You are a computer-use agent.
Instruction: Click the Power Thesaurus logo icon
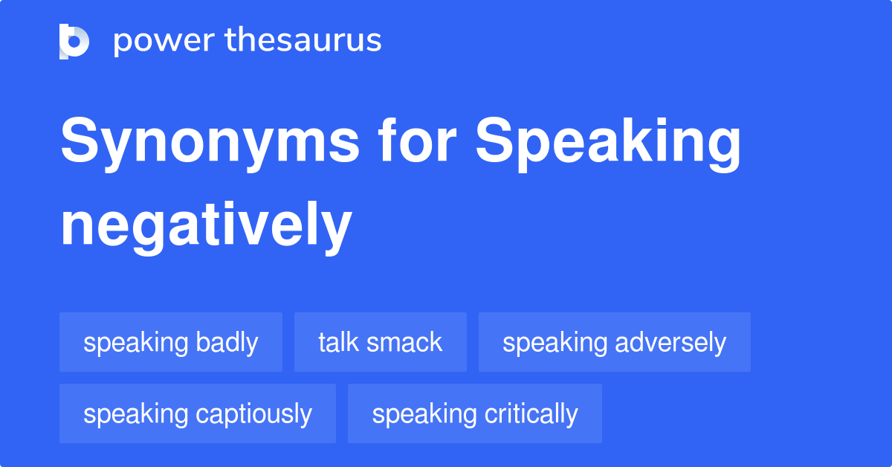[74, 41]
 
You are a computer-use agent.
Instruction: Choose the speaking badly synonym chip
[171, 342]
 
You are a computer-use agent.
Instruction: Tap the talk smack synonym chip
[380, 342]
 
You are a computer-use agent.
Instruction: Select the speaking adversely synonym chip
[614, 342]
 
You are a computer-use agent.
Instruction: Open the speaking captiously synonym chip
[197, 413]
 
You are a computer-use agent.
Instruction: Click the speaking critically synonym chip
[474, 413]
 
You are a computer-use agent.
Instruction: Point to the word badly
[227, 342]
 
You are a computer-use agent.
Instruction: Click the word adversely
[670, 342]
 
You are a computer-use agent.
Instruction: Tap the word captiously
[253, 413]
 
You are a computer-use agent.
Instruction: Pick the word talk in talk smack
[339, 342]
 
